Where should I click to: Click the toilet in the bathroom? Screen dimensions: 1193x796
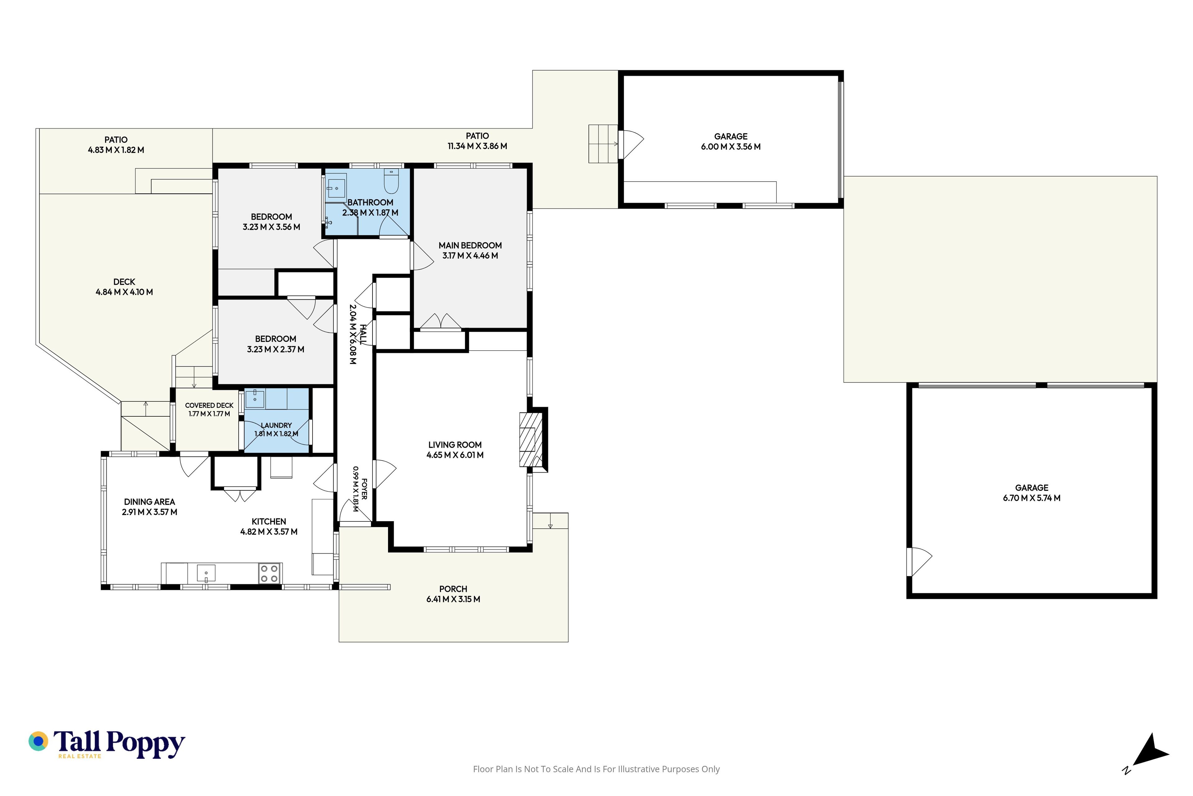(391, 181)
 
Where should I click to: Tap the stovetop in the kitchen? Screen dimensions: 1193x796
(269, 574)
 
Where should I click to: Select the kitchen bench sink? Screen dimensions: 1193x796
(206, 573)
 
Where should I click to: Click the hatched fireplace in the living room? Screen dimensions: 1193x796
(531, 440)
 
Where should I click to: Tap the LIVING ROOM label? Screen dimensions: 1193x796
(455, 445)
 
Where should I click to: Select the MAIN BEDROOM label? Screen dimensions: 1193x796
(470, 245)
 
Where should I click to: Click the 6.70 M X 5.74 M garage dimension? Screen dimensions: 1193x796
(1032, 498)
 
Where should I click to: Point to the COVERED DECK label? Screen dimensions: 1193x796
(209, 405)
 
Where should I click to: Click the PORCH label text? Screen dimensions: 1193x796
(453, 589)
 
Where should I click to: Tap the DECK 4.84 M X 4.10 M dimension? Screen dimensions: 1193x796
(124, 292)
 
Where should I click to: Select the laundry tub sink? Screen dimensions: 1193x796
(255, 399)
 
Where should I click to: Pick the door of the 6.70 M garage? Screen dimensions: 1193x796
(919, 562)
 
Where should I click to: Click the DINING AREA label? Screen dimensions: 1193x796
(150, 502)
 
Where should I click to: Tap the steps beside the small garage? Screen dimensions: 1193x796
(603, 144)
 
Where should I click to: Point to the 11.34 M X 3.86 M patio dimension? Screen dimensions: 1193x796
(477, 146)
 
